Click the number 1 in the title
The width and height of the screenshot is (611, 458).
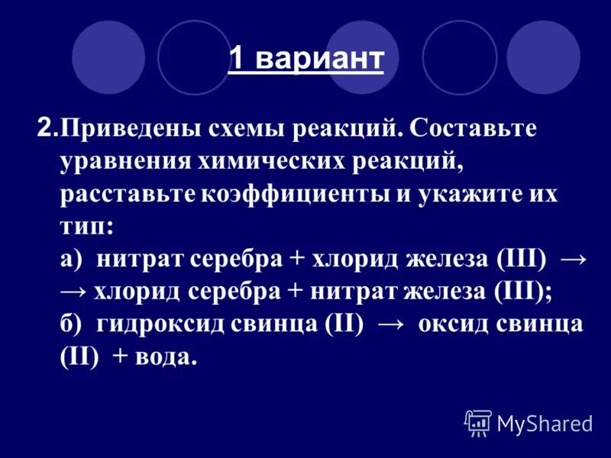pyautogui.click(x=238, y=60)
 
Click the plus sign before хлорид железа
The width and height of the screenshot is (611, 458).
pyautogui.click(x=296, y=260)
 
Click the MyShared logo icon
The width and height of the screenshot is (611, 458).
pyautogui.click(x=478, y=422)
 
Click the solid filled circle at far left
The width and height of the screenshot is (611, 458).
pyautogui.click(x=108, y=57)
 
